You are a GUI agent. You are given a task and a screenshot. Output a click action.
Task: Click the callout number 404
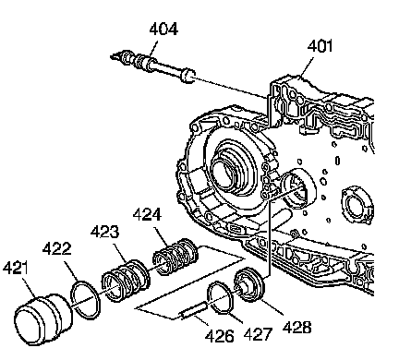click(163, 29)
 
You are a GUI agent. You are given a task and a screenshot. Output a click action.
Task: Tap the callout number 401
click(320, 46)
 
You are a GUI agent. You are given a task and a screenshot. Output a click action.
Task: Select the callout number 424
click(147, 214)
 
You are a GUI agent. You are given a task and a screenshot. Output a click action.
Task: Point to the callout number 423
click(104, 232)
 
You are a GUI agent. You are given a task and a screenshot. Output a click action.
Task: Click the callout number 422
click(56, 248)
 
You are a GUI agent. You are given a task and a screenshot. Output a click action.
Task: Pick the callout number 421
click(15, 267)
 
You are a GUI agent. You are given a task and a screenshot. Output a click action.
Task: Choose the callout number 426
click(220, 336)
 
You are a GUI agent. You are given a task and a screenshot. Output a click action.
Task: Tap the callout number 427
click(258, 334)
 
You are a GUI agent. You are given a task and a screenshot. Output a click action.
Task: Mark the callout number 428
click(296, 327)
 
